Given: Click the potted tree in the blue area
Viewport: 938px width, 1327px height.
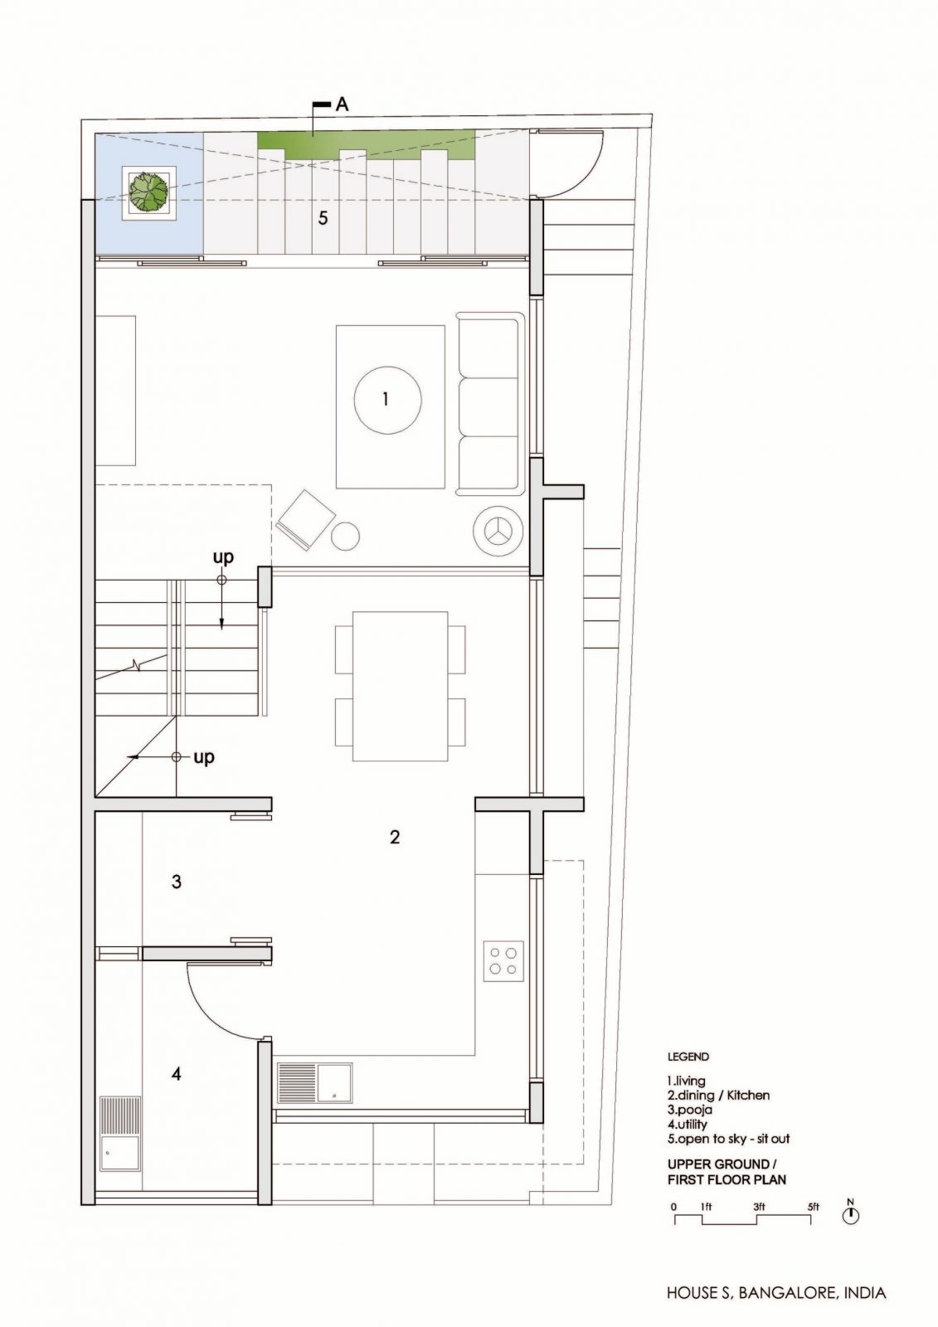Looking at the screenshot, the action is [x=148, y=192].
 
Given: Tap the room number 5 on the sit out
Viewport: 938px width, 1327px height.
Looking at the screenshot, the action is [x=323, y=219].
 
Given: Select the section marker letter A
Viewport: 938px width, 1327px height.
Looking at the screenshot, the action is [x=342, y=105].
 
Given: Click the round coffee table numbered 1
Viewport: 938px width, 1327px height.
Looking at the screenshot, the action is [x=387, y=400].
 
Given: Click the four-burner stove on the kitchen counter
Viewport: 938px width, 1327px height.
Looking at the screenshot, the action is [x=503, y=961].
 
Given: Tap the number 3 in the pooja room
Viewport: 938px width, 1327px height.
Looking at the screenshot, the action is [x=176, y=882].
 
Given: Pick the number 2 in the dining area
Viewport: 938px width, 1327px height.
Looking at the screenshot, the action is [x=395, y=837].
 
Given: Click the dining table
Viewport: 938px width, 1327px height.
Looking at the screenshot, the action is [x=400, y=686].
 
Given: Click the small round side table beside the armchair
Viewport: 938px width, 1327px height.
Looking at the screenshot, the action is [x=345, y=537].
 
